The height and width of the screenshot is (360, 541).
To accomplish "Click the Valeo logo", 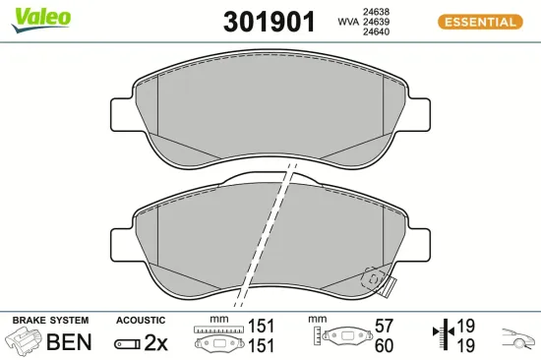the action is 41,20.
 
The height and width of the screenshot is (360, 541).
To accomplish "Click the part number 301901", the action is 270,22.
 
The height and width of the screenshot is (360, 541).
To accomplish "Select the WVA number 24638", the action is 376,12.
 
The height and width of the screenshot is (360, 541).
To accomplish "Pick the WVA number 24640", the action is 376,31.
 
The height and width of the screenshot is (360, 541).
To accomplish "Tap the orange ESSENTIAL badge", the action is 480,22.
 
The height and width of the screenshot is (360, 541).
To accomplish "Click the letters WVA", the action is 348,22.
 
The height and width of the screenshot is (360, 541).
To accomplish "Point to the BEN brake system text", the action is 69,341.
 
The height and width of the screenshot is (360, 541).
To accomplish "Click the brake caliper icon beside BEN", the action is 24,339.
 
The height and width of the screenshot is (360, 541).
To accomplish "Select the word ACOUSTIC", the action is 141,321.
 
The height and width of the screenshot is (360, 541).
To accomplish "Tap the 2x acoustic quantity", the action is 155,342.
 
